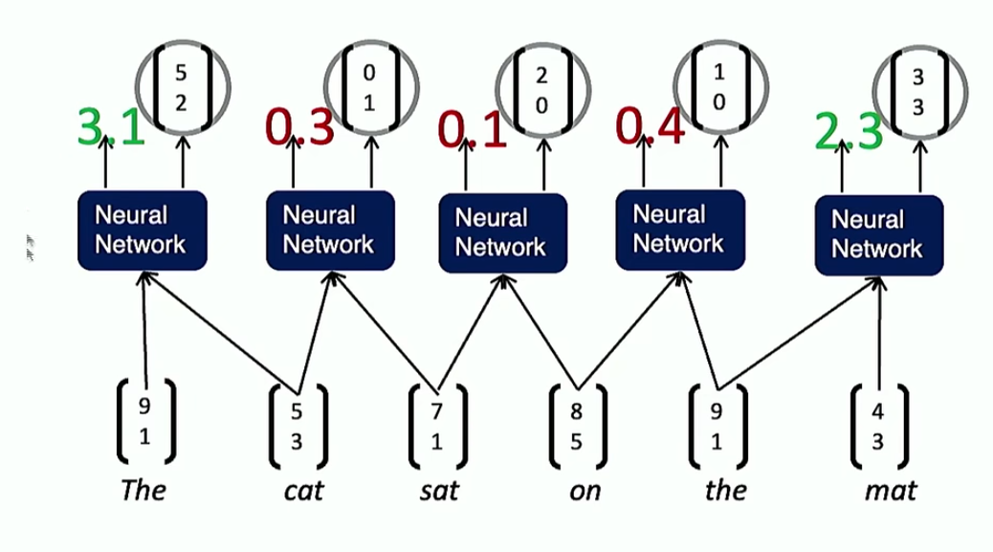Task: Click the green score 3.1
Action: pos(111,126)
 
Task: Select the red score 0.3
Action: pos(298,126)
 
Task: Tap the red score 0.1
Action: pos(473,130)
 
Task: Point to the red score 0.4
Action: pos(650,126)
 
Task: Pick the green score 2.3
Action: pos(848,131)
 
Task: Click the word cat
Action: pos(303,491)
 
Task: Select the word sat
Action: pos(439,491)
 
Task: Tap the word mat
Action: pos(891,491)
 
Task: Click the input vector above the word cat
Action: pos(298,426)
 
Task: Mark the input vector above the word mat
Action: pos(879,426)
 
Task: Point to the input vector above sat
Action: pos(437,426)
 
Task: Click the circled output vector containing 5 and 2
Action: pos(183,87)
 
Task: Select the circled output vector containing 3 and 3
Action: pos(919,93)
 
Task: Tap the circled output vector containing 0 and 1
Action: pos(371,87)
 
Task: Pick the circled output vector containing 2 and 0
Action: pos(542,90)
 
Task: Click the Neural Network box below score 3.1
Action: pos(143,231)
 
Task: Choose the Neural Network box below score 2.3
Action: pos(879,234)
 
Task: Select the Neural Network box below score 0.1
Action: pos(503,233)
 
